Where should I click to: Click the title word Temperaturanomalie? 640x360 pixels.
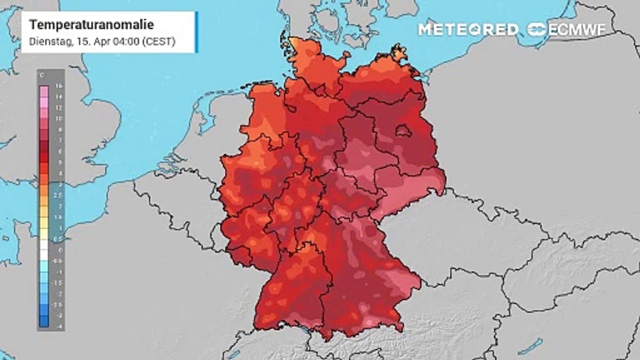click(x=91, y=25)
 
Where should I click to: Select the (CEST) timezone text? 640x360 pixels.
click(x=158, y=42)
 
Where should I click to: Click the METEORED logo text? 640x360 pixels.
click(x=468, y=29)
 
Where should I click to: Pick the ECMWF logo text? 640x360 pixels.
click(x=577, y=29)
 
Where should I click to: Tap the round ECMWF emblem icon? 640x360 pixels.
click(x=537, y=29)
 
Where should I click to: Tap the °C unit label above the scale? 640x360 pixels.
click(x=41, y=75)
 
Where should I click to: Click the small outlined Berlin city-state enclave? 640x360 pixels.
click(x=403, y=131)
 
